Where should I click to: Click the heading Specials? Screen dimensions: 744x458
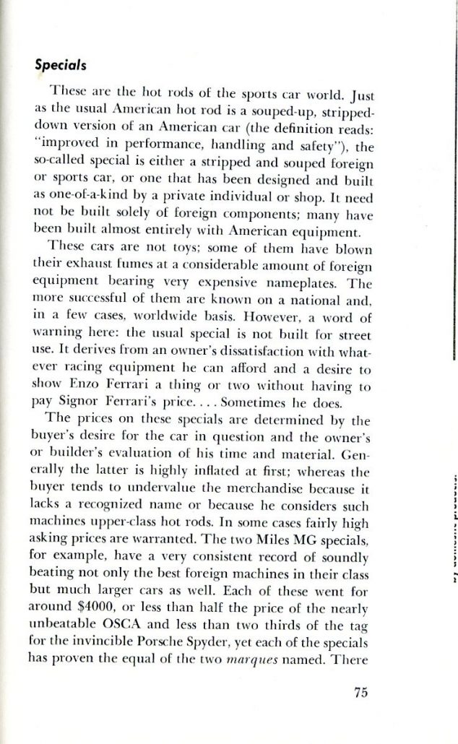point(61,64)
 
